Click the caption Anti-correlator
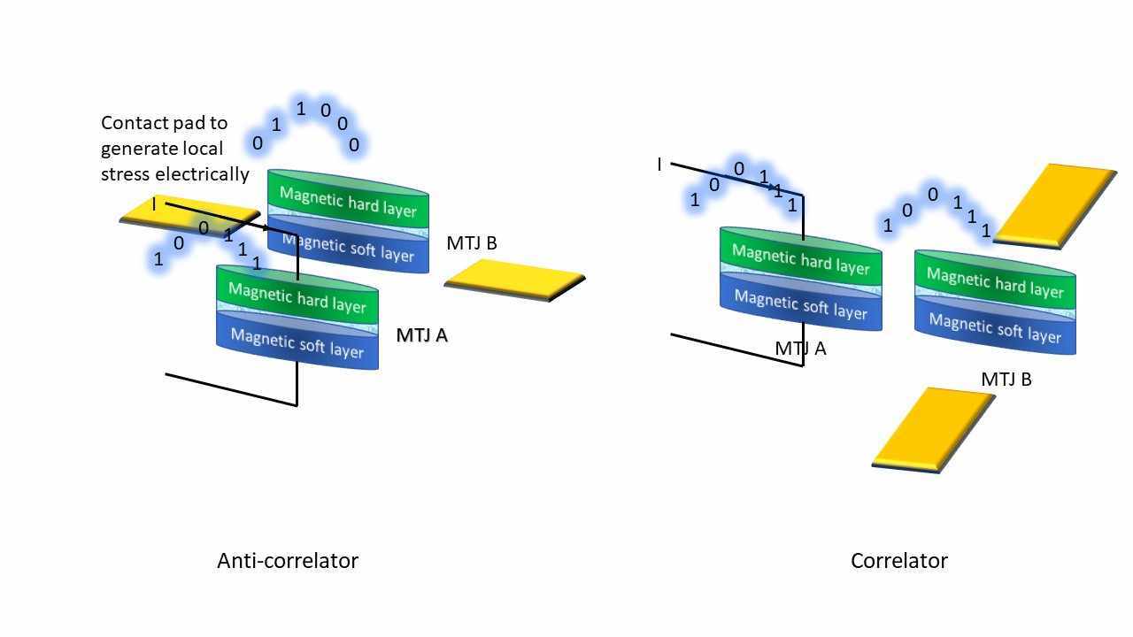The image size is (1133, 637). (287, 561)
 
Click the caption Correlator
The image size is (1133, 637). (898, 561)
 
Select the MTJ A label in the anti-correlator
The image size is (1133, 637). (421, 335)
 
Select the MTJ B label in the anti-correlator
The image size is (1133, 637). (472, 243)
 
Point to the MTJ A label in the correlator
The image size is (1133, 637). (800, 349)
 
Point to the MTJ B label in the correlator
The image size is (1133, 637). (1006, 380)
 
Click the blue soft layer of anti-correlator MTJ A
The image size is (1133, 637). (297, 343)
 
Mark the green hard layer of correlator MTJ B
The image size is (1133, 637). (994, 283)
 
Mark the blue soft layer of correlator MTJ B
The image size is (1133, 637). (994, 329)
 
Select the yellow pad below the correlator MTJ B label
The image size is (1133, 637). (933, 427)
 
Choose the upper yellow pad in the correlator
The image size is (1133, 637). (1056, 203)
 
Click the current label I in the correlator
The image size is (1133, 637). (659, 165)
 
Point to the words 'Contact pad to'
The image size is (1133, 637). (164, 123)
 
